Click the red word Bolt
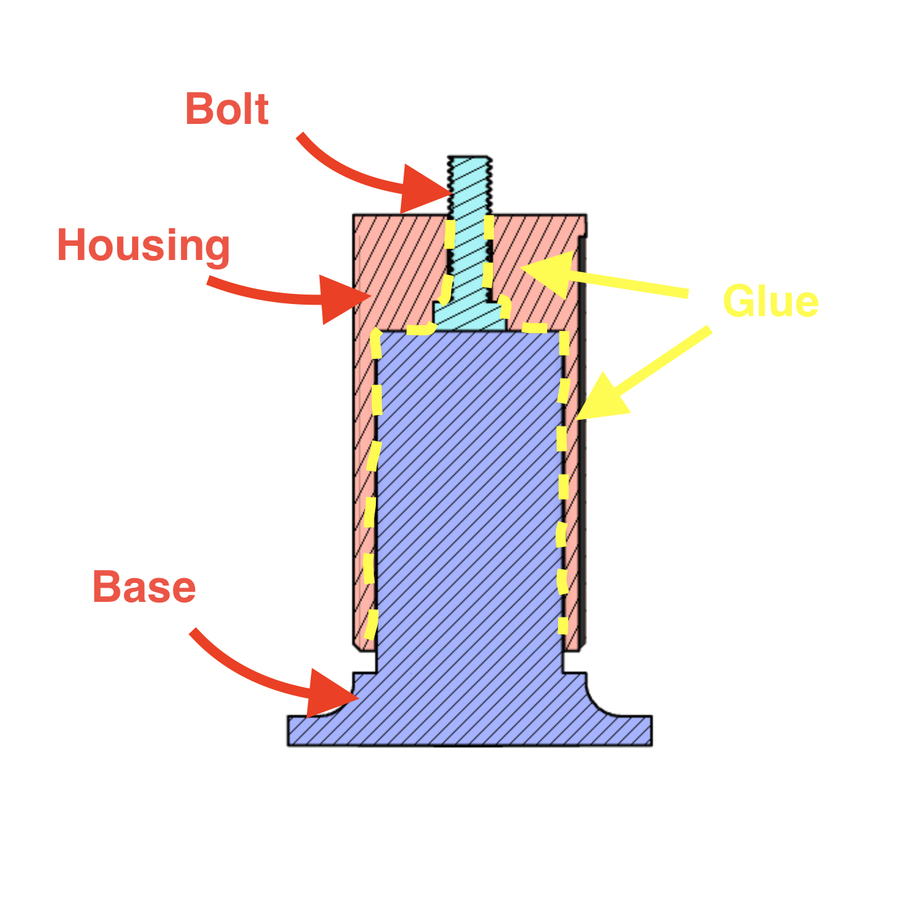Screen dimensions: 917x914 227,108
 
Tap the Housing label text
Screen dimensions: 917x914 143,246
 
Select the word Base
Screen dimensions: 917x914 144,586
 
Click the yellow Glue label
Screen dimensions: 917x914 771,301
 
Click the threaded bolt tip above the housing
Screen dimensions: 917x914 469,185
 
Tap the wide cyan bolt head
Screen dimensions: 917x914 469,315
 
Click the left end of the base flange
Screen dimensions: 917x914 289,731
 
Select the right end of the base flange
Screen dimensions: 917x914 651,731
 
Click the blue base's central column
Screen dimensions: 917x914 469,500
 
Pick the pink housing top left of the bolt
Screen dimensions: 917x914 400,271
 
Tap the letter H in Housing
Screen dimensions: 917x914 71,244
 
